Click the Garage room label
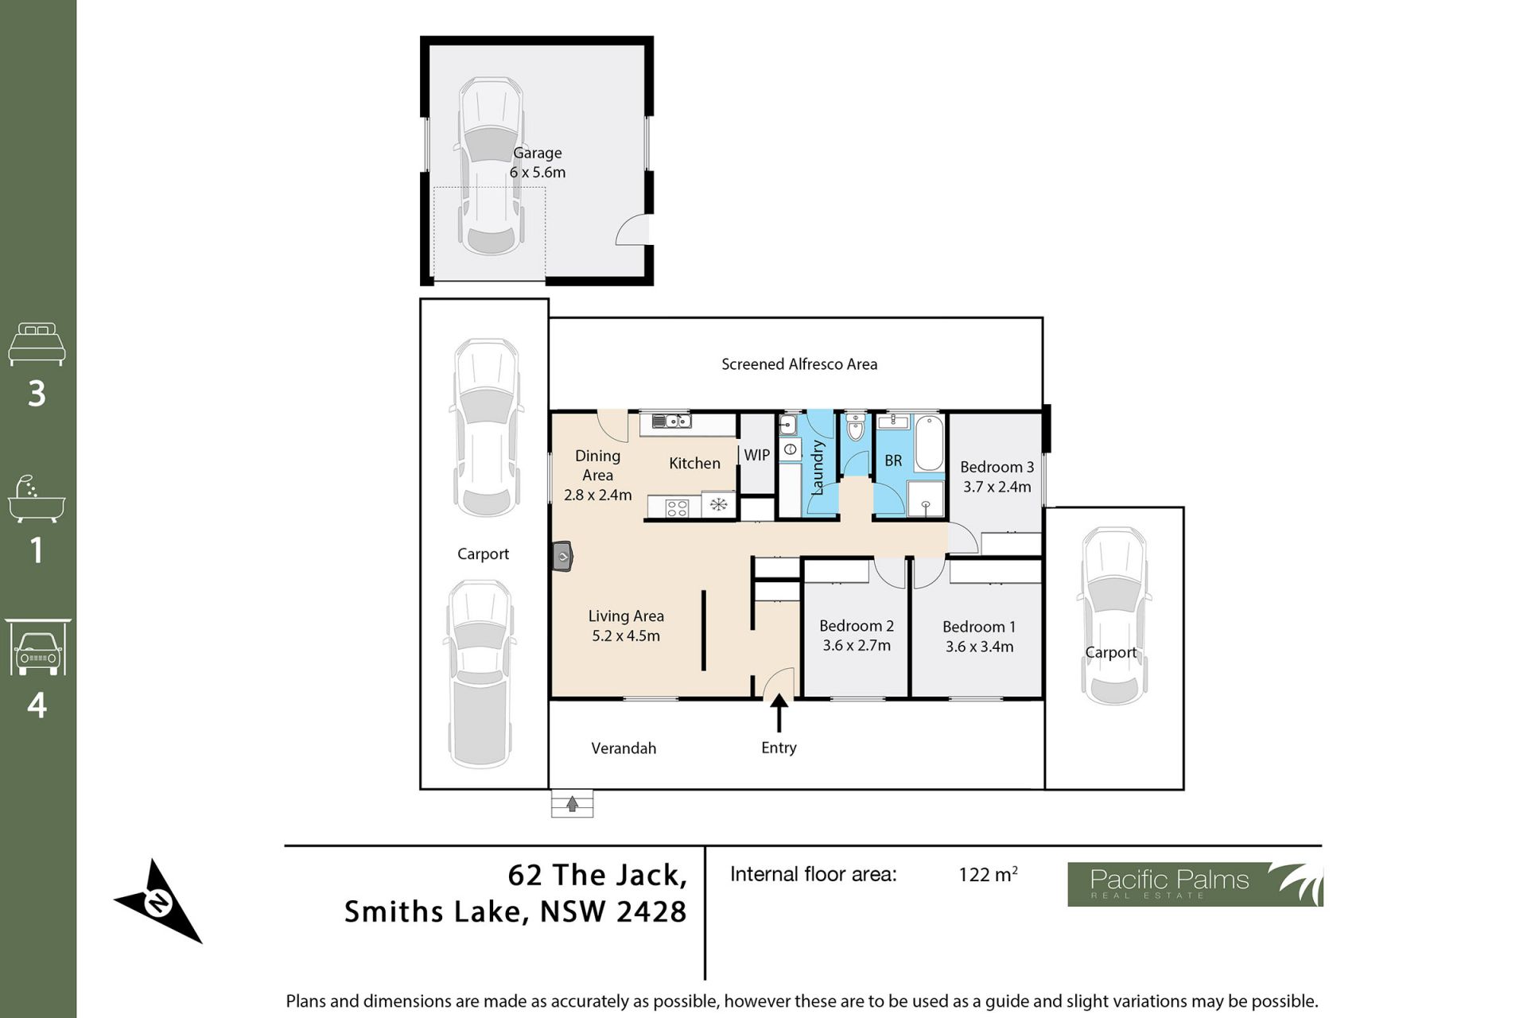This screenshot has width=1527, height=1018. tap(537, 153)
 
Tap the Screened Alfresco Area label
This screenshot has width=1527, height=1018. tap(799, 364)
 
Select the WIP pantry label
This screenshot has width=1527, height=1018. tap(756, 455)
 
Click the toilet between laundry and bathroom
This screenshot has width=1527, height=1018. tap(855, 426)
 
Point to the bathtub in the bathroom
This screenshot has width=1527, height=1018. tap(928, 443)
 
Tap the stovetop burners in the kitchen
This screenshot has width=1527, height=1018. tap(677, 507)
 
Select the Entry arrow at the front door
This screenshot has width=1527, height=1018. tap(779, 713)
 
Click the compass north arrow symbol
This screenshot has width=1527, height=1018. tap(158, 902)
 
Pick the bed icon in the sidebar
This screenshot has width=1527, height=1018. tap(37, 344)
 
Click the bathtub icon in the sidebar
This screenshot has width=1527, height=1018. tap(36, 499)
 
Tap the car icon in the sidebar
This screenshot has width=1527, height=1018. tap(37, 647)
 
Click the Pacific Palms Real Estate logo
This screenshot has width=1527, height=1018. tap(1195, 884)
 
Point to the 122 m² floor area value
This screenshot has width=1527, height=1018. tap(988, 874)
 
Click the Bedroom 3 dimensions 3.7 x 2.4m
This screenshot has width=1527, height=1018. tap(997, 487)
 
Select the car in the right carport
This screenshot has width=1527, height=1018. tap(1113, 616)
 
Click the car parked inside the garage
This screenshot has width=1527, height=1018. tap(491, 165)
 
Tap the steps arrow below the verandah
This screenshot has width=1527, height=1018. tap(572, 804)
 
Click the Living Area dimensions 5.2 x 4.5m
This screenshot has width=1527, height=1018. tap(626, 635)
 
